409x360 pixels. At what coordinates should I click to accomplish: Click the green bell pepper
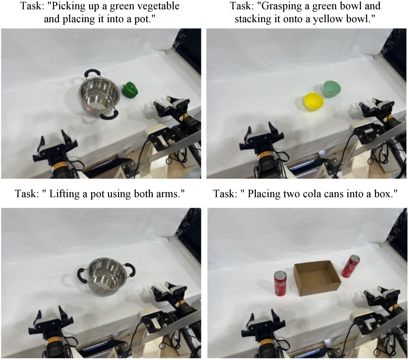(x=130, y=90)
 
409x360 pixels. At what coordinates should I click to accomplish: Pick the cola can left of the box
(x=280, y=284)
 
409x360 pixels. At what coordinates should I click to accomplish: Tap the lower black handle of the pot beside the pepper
(x=109, y=115)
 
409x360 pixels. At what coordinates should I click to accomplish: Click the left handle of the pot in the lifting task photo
(x=81, y=275)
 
